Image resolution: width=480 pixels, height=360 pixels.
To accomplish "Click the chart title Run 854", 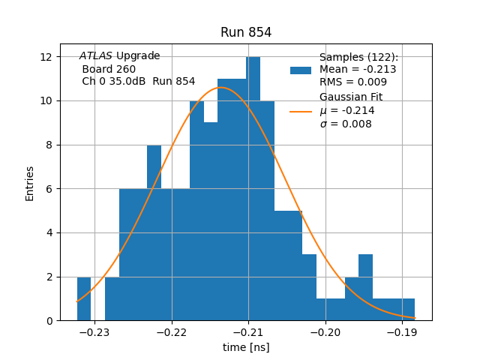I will (246, 32).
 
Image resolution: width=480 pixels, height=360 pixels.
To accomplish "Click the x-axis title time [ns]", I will (246, 347).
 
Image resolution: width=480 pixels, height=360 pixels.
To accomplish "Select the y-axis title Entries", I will (30, 183).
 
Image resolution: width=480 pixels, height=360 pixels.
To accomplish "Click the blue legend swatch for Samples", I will (301, 70).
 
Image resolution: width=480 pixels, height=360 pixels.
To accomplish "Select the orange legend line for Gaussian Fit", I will (301, 111).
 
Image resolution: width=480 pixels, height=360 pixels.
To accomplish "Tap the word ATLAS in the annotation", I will (96, 56).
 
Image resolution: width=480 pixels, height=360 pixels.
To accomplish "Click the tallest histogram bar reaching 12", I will (253, 187).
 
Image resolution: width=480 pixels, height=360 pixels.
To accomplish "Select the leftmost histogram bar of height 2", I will (84, 300).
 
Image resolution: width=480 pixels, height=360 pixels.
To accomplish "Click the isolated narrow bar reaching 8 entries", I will (154, 232).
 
